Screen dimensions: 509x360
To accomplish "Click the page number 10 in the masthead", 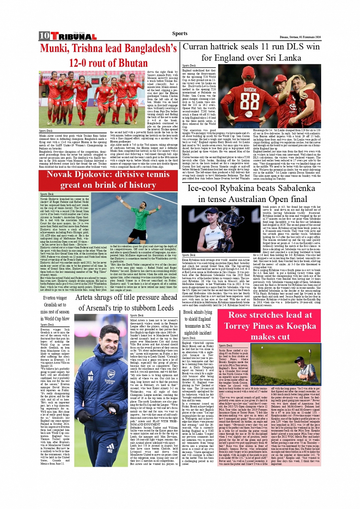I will [x=44, y=36].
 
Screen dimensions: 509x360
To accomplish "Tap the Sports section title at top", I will [x=179, y=34].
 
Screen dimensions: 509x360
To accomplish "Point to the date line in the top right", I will [x=300, y=37].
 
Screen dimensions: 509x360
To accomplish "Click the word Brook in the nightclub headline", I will [x=189, y=312].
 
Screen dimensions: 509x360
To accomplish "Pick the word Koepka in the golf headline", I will [x=301, y=326].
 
